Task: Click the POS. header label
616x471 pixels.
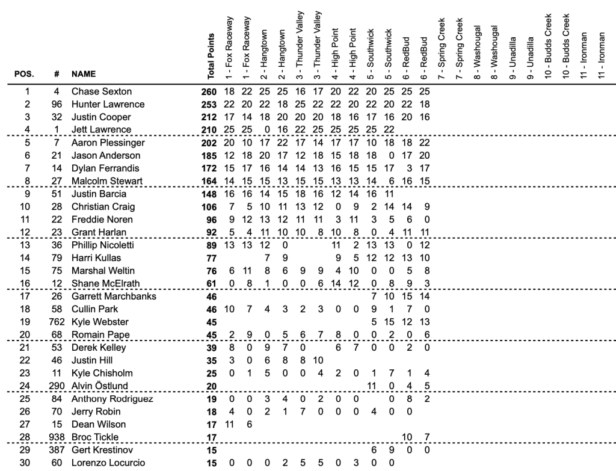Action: click(25, 75)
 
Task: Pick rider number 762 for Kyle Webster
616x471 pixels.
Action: click(56, 322)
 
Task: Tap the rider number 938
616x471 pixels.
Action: click(56, 437)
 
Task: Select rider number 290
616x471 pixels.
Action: click(56, 385)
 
